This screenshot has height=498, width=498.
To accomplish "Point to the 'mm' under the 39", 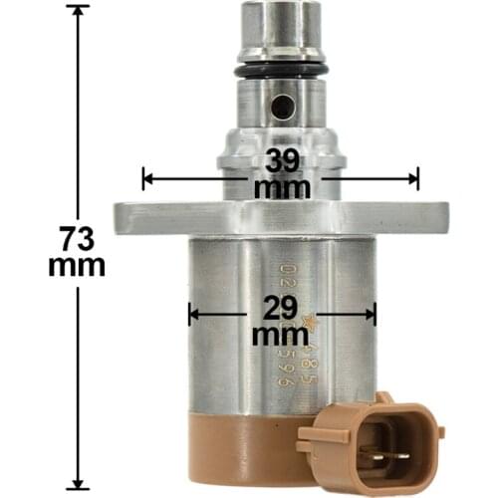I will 282,186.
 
